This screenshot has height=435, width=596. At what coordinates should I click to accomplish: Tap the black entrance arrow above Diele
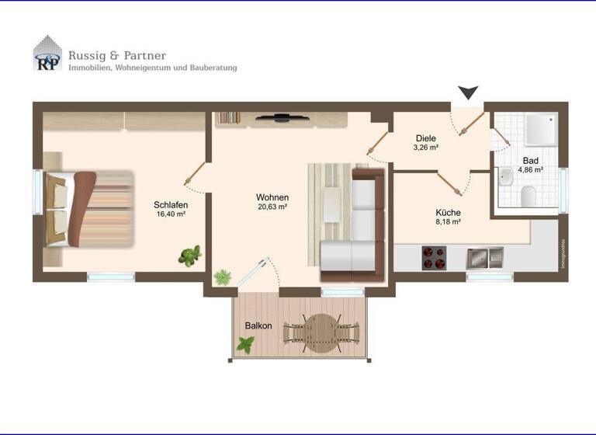467,93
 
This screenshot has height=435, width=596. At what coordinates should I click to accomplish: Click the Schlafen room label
170,205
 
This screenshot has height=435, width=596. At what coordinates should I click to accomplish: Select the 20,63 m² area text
272,207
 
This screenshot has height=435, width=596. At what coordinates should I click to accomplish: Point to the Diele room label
425,138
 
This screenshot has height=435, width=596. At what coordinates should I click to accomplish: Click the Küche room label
448,211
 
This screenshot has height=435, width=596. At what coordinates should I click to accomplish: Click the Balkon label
258,325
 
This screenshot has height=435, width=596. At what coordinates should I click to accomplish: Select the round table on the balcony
321,332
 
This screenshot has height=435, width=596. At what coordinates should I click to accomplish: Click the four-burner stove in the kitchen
435,257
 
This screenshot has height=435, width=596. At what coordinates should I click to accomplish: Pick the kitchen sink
485,257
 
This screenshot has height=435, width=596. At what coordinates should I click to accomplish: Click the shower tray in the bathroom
540,128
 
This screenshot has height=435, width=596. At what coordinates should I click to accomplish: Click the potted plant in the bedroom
189,255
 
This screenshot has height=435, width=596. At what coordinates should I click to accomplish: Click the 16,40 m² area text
170,214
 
